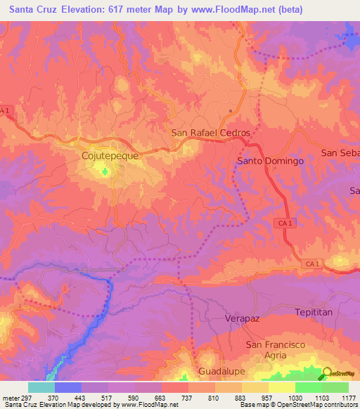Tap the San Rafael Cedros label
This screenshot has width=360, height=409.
(211, 132)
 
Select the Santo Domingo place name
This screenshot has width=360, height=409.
(270, 161)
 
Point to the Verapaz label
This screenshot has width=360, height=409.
(243, 318)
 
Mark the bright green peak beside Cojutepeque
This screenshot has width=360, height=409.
(106, 169)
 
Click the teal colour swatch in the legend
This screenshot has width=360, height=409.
(41, 387)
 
